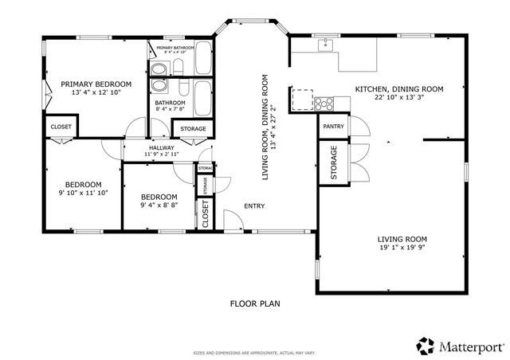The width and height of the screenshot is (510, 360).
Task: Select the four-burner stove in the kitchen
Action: (324, 102)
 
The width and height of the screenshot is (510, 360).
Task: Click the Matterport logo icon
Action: (426, 346)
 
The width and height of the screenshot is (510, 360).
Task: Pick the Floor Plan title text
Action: (255, 303)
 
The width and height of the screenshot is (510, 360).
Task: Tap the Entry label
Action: (254, 206)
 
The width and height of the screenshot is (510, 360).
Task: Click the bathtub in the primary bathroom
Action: (203, 57)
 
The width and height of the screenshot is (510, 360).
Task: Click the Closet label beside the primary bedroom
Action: (61, 127)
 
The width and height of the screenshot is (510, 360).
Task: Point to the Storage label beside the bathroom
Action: (193, 129)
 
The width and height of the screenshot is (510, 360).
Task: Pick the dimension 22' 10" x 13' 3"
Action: (398, 98)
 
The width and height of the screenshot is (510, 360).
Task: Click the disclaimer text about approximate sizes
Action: (255, 351)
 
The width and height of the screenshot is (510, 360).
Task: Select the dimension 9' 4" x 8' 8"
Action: (158, 205)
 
